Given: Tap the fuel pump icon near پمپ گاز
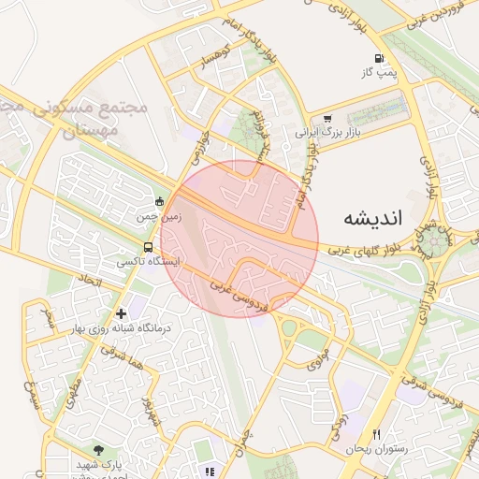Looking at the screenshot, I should click(x=379, y=58).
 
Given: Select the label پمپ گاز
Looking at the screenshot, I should click(x=380, y=72).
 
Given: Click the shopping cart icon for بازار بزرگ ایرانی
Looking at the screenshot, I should click(x=327, y=119).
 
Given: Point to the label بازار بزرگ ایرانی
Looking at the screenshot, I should click(x=327, y=134).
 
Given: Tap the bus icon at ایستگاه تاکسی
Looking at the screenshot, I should click(x=148, y=247).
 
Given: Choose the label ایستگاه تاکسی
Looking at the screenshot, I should click(x=148, y=262).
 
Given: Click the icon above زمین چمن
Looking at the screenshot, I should click(x=159, y=200).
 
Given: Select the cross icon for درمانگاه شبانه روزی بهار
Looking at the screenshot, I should click(x=121, y=313).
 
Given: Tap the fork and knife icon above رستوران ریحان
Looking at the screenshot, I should click(x=377, y=434).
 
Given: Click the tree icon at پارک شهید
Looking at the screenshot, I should click(x=100, y=451).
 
